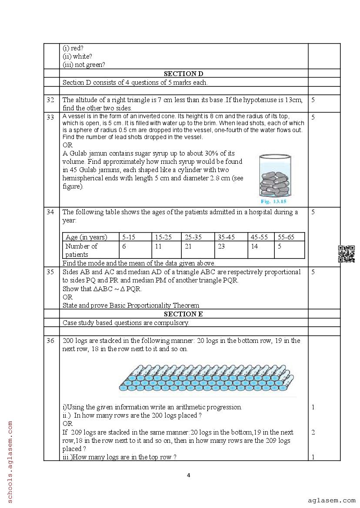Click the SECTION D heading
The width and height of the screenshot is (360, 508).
click(183, 74)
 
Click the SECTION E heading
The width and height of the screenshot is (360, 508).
click(183, 314)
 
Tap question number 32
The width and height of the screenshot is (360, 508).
click(50, 100)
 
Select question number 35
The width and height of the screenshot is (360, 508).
click(50, 272)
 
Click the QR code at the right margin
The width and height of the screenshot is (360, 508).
click(347, 254)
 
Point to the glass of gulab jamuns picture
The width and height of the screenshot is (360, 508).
click(275, 176)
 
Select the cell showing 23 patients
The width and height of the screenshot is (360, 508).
click(221, 246)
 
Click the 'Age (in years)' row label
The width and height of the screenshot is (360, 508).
click(86, 237)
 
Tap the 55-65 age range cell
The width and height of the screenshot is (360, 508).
click(286, 237)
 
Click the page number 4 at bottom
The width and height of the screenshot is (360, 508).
click(188, 475)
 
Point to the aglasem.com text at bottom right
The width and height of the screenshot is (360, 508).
click(331, 501)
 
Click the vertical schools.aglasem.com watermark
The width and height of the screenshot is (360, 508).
click(10, 460)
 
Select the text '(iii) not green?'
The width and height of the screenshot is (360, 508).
click(84, 65)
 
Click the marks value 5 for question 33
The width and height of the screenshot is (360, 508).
click(313, 117)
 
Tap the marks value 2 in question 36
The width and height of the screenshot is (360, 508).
click(313, 432)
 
